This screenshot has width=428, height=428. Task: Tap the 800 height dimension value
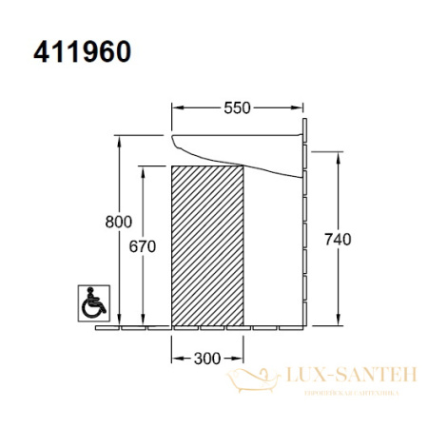(x=118, y=222)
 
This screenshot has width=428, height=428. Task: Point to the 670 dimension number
(x=143, y=244)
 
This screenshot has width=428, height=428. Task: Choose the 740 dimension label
(x=338, y=240)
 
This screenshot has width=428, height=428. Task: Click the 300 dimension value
(x=206, y=358)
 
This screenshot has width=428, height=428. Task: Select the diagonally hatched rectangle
(x=206, y=244)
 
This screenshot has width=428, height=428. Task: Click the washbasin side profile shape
(x=238, y=152)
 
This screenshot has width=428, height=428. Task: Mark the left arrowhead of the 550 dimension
(x=175, y=107)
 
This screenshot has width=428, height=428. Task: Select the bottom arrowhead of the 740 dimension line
(x=338, y=322)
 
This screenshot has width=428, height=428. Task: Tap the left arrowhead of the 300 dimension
(x=175, y=358)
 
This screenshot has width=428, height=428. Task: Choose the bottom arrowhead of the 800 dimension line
(x=118, y=322)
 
